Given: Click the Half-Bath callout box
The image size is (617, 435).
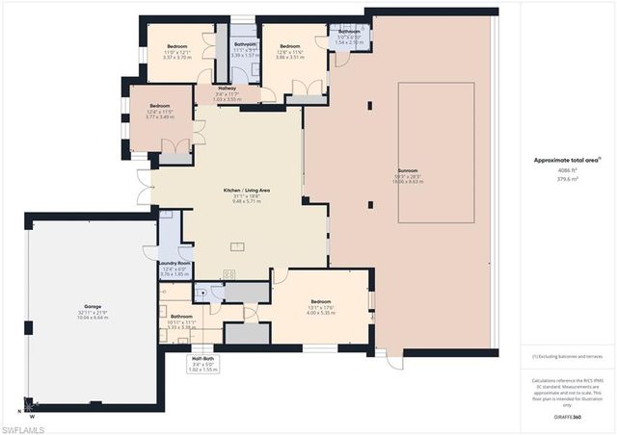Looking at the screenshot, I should (x=202, y=364).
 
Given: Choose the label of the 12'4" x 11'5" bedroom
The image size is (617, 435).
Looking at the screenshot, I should (x=159, y=107).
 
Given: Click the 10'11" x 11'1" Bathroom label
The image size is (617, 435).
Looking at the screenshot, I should (x=181, y=317).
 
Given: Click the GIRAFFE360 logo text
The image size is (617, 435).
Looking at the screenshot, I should (x=567, y=418).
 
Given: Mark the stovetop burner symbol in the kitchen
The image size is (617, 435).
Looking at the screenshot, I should (x=229, y=274).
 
